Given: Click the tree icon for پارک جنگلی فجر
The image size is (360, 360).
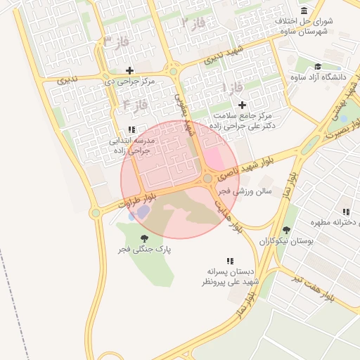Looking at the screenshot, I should coord(145,238).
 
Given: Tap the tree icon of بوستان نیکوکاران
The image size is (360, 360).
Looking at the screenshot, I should coord(285,230).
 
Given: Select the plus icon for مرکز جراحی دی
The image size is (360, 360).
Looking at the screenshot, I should coord(129,70).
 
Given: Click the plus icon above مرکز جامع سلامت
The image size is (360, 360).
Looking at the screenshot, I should coord(242,105).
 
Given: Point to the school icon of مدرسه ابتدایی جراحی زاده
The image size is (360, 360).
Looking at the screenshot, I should coord(131,129).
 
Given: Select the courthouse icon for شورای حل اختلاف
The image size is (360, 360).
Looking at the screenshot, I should coord(304,11).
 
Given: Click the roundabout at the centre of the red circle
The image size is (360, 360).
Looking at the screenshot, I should coord(207,179).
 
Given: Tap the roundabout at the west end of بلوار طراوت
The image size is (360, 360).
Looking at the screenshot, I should coord(95,212).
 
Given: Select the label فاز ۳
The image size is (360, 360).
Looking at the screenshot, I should coord(116,41).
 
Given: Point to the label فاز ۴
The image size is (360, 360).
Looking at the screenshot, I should coord(135,105).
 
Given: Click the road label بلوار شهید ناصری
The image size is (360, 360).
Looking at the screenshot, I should coord(243,166).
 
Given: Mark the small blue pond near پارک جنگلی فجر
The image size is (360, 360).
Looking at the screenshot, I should coord(143,212).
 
